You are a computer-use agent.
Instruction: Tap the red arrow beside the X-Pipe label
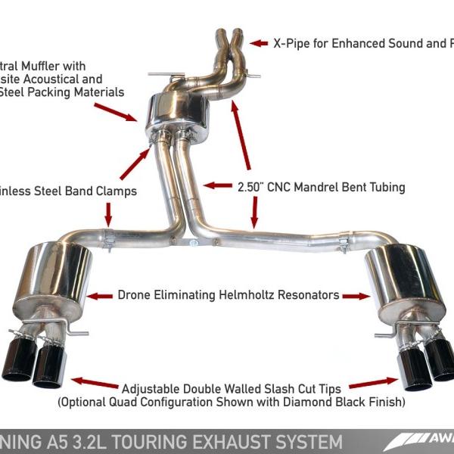260,44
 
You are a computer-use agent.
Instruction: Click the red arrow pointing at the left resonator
99,295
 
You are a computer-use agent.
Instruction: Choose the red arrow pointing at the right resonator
354,295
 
